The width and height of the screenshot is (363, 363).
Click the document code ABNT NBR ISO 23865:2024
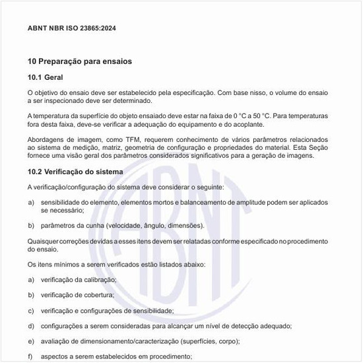click(71, 29)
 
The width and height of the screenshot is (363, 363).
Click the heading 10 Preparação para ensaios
click(80, 61)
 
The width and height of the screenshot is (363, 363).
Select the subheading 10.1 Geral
click(45, 78)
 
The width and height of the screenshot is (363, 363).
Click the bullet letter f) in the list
click(30, 356)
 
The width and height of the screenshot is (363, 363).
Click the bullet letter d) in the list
click(30, 326)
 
